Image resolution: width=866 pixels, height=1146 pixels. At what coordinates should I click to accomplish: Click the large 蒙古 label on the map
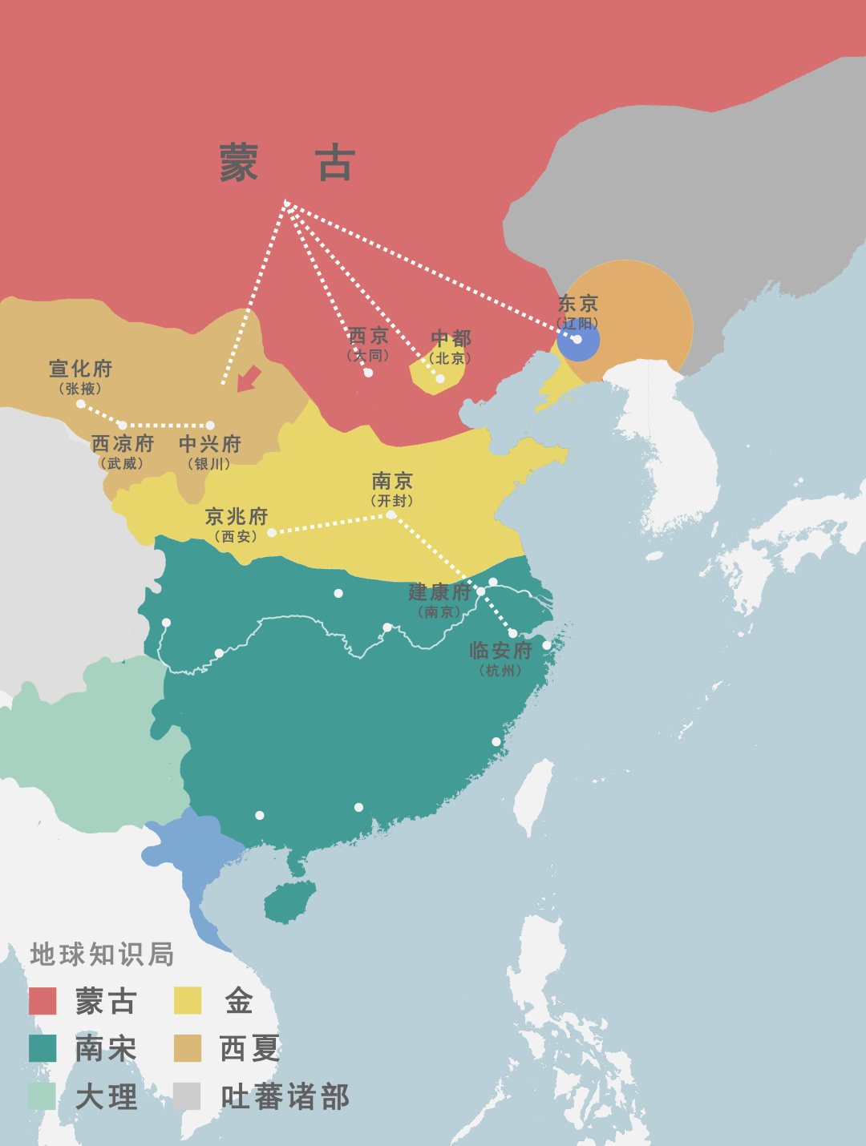[x=286, y=163]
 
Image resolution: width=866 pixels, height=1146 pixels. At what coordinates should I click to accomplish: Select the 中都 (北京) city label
[x=451, y=346]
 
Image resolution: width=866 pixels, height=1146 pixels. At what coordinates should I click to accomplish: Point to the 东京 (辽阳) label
[x=578, y=311]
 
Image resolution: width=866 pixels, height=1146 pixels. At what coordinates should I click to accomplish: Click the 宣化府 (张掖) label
[x=80, y=377]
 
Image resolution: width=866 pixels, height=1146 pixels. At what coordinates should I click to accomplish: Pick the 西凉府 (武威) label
[x=122, y=452]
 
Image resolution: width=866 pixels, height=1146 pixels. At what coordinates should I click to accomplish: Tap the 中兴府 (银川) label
[x=209, y=452]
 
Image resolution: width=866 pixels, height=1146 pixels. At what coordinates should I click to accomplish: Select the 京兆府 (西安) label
[x=236, y=525]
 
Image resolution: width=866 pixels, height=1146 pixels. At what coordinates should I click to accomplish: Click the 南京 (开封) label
[x=392, y=489]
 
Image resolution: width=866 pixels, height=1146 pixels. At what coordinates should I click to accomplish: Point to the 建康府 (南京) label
[x=439, y=599]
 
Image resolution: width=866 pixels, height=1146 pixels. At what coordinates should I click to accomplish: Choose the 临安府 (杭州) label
[x=500, y=658]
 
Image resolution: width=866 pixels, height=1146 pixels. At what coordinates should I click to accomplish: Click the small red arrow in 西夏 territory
[x=249, y=378]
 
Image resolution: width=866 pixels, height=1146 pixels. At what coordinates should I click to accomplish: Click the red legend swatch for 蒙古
[x=42, y=1001]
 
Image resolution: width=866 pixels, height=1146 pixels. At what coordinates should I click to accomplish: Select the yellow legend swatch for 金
[x=188, y=1001]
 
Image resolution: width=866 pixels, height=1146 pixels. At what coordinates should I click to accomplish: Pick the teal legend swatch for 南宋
[x=42, y=1048]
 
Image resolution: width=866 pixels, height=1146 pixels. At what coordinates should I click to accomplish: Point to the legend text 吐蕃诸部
[x=285, y=1097]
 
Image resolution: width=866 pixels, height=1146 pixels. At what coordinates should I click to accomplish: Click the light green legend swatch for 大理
[x=42, y=1096]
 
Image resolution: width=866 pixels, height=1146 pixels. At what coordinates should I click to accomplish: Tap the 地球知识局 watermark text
[x=102, y=954]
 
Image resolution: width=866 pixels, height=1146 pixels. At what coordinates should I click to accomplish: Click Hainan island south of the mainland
[x=289, y=902]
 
